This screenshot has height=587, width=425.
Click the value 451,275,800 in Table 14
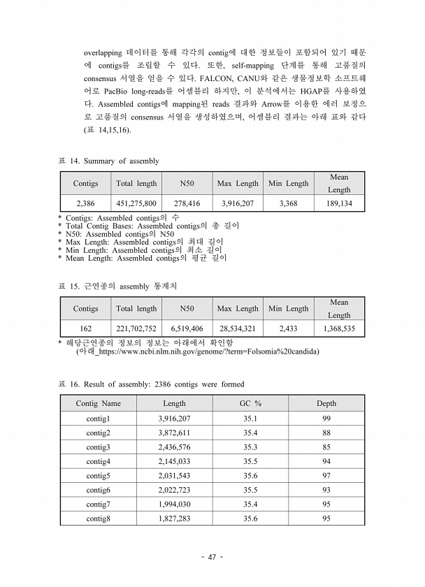pyautogui.click(x=136, y=203)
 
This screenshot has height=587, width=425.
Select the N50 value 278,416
pyautogui.click(x=187, y=203)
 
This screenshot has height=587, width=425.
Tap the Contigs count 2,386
pyautogui.click(x=85, y=203)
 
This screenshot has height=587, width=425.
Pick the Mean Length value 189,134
pyautogui.click(x=339, y=203)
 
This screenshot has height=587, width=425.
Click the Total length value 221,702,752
pyautogui.click(x=136, y=328)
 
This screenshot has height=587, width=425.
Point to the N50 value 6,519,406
pyautogui.click(x=187, y=328)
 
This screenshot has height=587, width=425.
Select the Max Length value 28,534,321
pyautogui.click(x=238, y=328)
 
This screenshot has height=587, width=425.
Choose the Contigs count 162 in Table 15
pyautogui.click(x=85, y=328)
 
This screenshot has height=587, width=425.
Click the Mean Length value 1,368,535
pyautogui.click(x=339, y=328)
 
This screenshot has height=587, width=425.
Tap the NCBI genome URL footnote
pyautogui.click(x=197, y=351)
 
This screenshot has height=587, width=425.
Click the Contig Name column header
pyautogui.click(x=98, y=403)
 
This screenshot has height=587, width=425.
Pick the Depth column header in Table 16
pyautogui.click(x=326, y=403)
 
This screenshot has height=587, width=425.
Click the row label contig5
pyautogui.click(x=98, y=476)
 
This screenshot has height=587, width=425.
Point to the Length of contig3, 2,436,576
pyautogui.click(x=174, y=447)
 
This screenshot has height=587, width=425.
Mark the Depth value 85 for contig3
pyautogui.click(x=326, y=447)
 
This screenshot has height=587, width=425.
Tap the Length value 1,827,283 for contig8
pyautogui.click(x=174, y=519)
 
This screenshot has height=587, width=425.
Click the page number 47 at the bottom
pyautogui.click(x=212, y=557)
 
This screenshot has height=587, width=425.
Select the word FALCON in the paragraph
pyautogui.click(x=217, y=78)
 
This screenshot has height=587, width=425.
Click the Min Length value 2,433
pyautogui.click(x=288, y=328)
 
